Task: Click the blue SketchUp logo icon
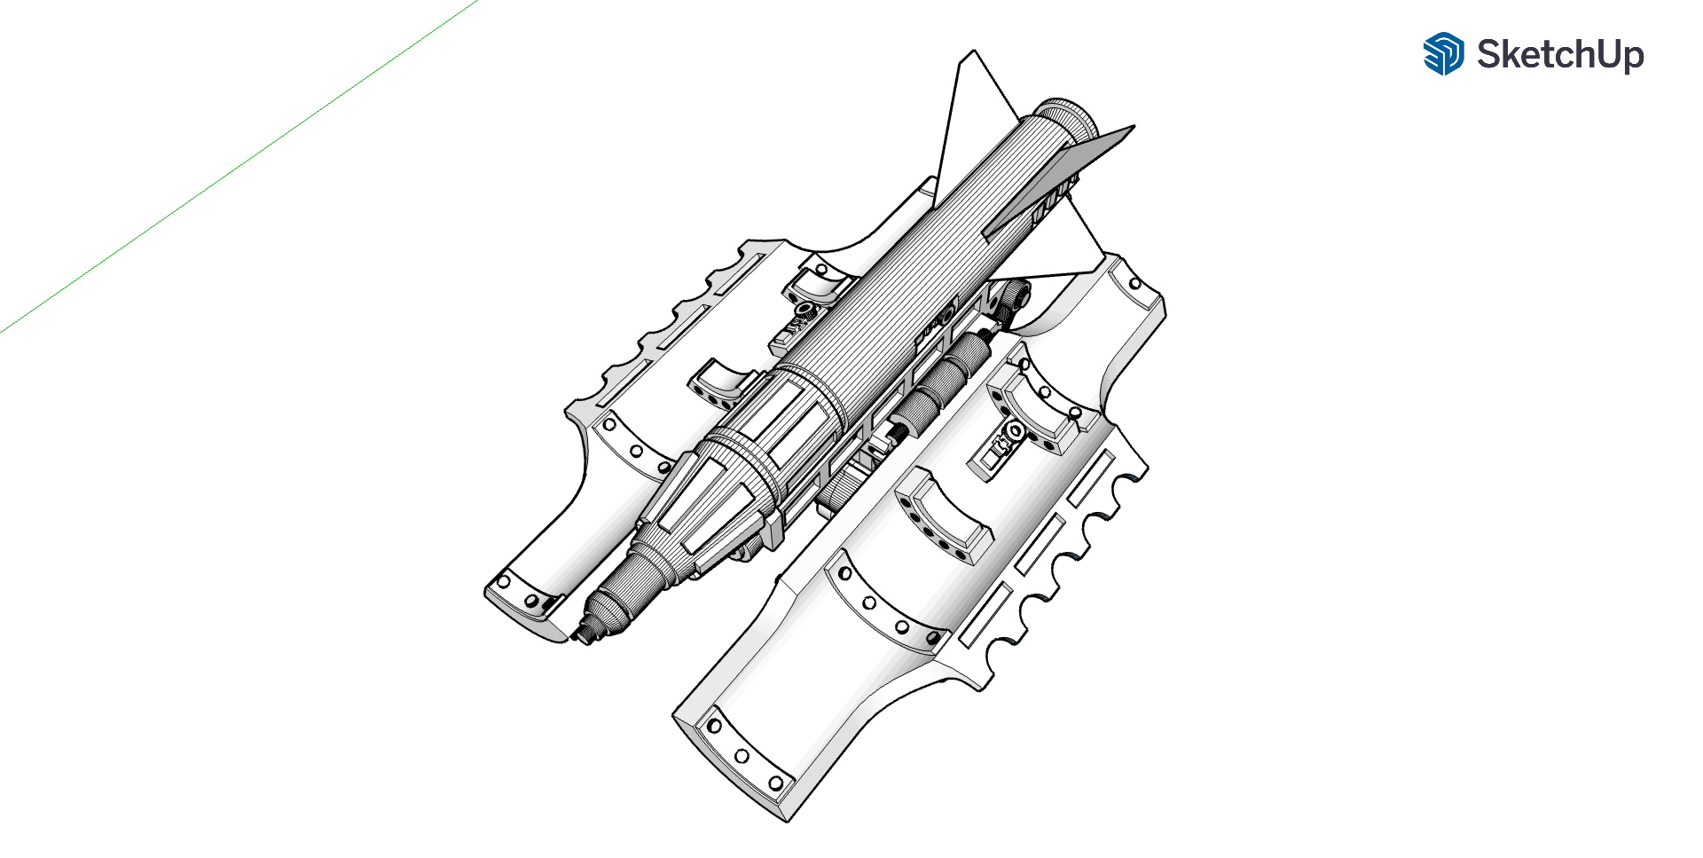(1443, 54)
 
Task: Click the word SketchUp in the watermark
(1560, 55)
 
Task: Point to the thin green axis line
(239, 167)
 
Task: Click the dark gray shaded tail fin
(1060, 183)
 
